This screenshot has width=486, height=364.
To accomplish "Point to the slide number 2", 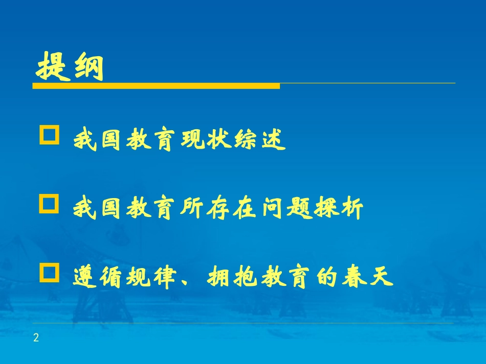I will click(x=36, y=337).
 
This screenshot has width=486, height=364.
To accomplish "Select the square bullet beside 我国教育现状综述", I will click(x=49, y=136).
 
